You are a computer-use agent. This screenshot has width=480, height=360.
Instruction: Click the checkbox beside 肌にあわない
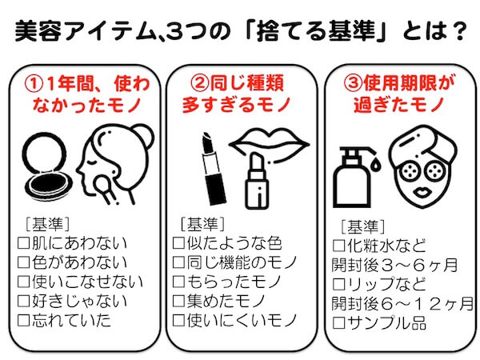(23, 243)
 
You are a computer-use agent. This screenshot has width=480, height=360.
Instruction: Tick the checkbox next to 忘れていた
(23, 321)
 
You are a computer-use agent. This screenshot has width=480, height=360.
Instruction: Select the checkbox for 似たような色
(178, 243)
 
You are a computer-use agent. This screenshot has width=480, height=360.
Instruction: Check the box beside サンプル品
(339, 323)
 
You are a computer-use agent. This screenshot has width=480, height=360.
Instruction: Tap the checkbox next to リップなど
(339, 284)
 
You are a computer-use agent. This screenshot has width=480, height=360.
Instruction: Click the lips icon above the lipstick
(269, 145)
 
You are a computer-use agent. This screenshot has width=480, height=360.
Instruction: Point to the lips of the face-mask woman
(422, 193)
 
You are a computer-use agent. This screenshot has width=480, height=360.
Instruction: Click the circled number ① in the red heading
(34, 83)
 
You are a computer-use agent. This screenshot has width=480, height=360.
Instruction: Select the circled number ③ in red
(353, 82)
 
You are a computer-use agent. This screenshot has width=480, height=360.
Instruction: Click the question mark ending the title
(458, 30)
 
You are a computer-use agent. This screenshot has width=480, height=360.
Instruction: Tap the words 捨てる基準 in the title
(316, 30)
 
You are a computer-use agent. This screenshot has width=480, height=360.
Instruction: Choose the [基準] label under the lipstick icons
(202, 224)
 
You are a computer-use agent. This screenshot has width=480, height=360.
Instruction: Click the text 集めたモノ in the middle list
(226, 301)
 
